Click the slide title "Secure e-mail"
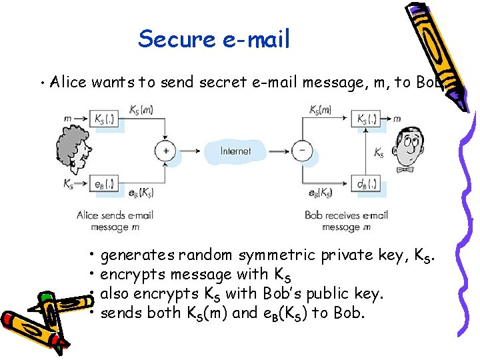(214, 39)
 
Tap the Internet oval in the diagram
(235, 151)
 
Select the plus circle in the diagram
(165, 151)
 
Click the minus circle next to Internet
(302, 151)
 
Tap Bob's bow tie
(405, 169)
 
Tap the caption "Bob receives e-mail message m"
(346, 221)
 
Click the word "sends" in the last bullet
(119, 313)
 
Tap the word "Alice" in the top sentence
(69, 83)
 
